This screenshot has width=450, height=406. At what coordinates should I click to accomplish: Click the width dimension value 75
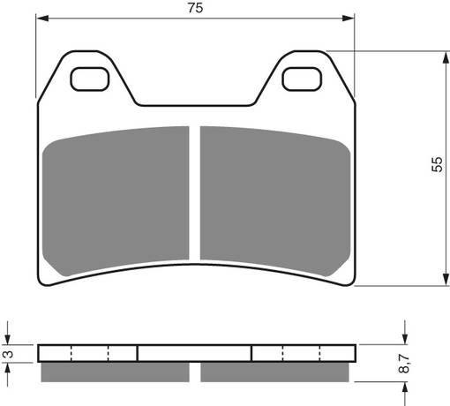coord(195,9)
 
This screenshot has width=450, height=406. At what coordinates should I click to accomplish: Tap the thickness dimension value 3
coord(8,354)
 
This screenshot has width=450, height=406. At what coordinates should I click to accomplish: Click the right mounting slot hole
coord(301,79)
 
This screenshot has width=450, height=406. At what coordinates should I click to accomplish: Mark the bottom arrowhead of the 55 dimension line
coord(440,281)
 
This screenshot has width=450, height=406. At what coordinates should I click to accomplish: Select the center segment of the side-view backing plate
coord(195,353)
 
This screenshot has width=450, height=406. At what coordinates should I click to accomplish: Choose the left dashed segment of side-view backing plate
coord(88,353)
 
